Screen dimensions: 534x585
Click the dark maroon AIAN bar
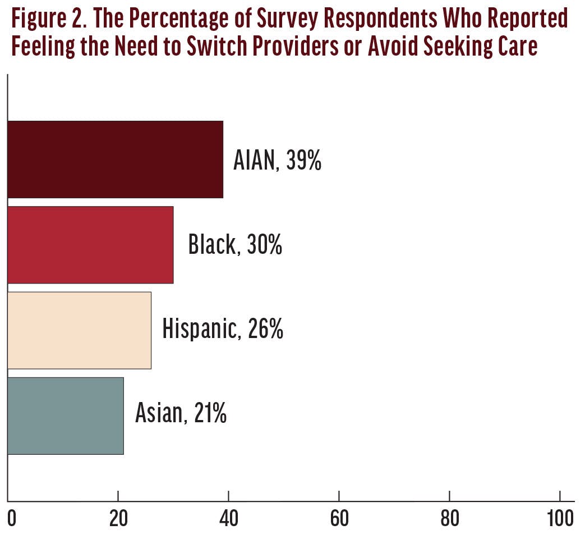(x=115, y=159)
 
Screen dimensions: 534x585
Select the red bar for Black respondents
(x=90, y=245)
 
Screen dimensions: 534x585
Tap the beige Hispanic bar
(x=79, y=330)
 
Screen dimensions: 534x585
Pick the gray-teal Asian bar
(x=65, y=416)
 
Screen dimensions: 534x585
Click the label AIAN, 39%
(x=277, y=161)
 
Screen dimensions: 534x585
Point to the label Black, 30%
(x=235, y=245)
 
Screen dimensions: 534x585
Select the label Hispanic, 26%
(x=223, y=330)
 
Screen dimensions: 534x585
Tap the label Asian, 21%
(x=181, y=414)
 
